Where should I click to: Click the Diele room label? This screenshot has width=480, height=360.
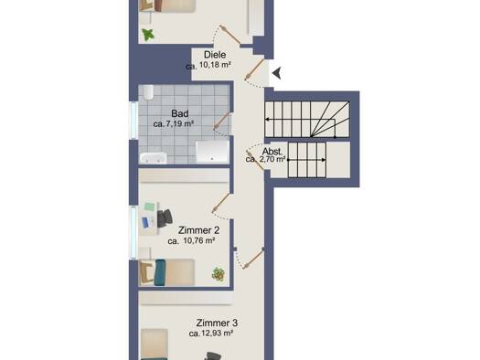[215, 55]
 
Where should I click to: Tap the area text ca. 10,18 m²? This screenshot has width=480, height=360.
[208, 65]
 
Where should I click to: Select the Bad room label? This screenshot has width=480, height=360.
[180, 113]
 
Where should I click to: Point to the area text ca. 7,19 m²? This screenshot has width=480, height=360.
[174, 124]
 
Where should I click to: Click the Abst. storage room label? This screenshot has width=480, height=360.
[272, 152]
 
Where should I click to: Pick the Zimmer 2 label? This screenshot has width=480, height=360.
[198, 230]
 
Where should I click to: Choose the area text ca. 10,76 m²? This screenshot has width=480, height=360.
[191, 240]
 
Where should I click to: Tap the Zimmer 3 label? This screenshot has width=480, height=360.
[217, 323]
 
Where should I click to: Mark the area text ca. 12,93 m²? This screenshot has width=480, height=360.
[211, 334]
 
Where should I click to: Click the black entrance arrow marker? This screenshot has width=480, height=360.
[277, 73]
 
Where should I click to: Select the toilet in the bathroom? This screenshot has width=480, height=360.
[149, 91]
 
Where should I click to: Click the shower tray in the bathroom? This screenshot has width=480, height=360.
[212, 151]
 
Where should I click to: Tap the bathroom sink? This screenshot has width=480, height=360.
[153, 158]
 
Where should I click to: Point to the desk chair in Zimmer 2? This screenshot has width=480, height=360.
[165, 217]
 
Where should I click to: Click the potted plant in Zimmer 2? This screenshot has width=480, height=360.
[218, 274]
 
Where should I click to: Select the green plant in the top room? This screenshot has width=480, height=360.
[148, 35]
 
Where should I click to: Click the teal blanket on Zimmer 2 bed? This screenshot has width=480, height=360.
[160, 272]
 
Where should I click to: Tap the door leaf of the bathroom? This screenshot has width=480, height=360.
[222, 121]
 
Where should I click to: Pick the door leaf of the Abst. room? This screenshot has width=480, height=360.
[255, 160]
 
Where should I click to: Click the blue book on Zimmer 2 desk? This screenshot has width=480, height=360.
[145, 222]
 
